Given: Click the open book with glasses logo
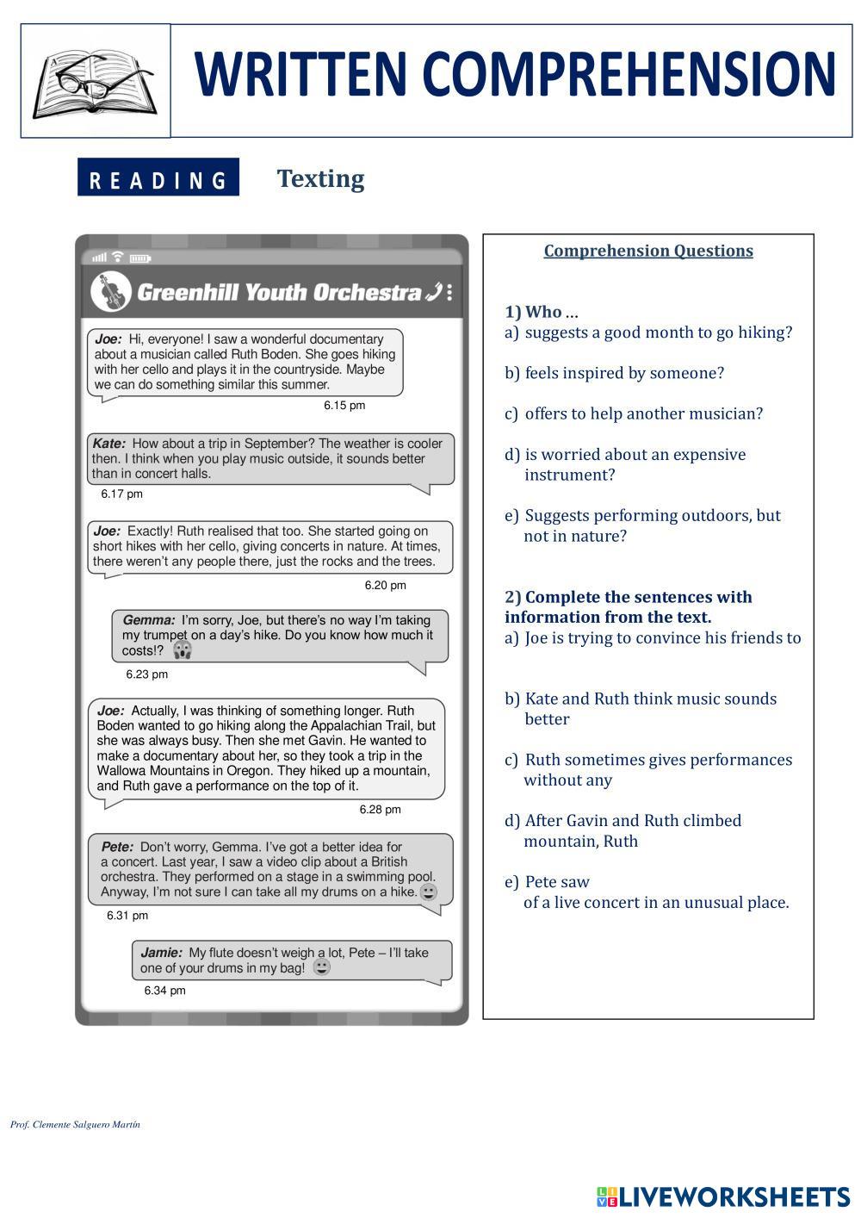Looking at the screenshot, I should [x=95, y=83].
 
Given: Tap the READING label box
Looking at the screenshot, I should [x=158, y=178].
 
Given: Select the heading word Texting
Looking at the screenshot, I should [x=320, y=178].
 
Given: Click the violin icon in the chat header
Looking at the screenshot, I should [x=110, y=292].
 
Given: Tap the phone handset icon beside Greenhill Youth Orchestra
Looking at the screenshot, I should [x=434, y=292].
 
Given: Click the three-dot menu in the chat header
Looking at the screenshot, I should [x=450, y=292].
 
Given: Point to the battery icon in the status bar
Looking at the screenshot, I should [x=139, y=258].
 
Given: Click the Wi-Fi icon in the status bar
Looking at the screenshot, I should [x=118, y=256].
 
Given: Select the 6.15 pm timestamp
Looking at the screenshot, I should [x=344, y=405].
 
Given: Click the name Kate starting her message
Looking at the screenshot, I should [x=108, y=444].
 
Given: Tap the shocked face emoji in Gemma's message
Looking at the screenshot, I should [x=182, y=649].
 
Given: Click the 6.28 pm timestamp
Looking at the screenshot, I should [x=380, y=810].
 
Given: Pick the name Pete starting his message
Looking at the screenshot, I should [x=117, y=847].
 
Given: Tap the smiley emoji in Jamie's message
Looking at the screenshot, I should [x=321, y=967].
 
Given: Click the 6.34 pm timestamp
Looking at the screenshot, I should [x=164, y=991].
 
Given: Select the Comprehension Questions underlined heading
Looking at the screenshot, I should [x=648, y=251].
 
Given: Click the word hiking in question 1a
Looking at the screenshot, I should [x=761, y=332].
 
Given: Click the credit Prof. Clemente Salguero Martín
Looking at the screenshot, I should [x=75, y=1124].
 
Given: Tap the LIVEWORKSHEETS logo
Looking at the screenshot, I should [x=723, y=1196].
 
